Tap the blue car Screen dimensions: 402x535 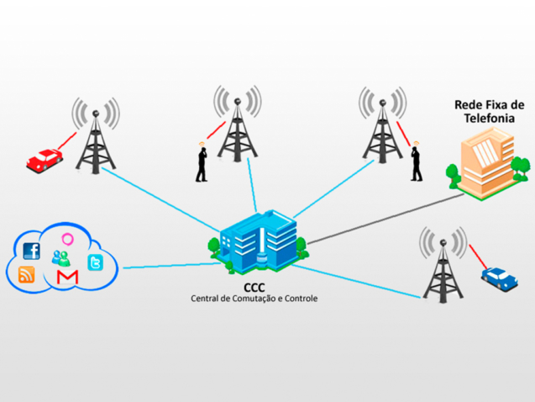[x=499, y=278]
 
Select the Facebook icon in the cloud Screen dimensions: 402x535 [x=32, y=251]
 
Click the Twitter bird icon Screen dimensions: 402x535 [x=96, y=264]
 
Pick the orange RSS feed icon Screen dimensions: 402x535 [x=27, y=275]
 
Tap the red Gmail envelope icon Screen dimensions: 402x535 [x=66, y=277]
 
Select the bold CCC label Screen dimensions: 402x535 [x=254, y=286]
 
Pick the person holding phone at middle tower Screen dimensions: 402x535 [x=202, y=162]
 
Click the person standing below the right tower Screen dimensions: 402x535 [x=415, y=163]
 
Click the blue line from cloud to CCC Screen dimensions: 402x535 [x=164, y=266]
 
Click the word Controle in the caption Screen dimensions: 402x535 [x=299, y=299]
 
